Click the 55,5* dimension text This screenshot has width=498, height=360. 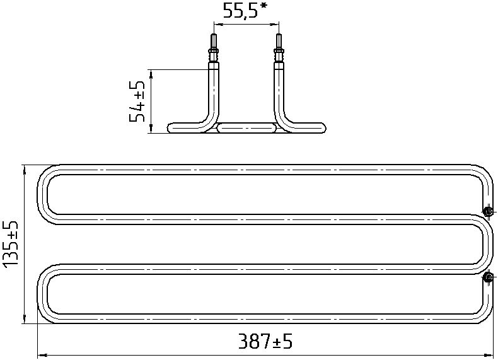244,10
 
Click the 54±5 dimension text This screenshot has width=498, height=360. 137,102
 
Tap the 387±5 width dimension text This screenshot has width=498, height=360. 265,342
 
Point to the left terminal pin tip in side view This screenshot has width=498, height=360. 214,35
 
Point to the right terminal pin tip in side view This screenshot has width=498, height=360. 279,35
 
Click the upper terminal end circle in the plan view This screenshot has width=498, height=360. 488,211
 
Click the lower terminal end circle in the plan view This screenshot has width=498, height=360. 488,277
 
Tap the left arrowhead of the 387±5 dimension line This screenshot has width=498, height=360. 42,354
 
